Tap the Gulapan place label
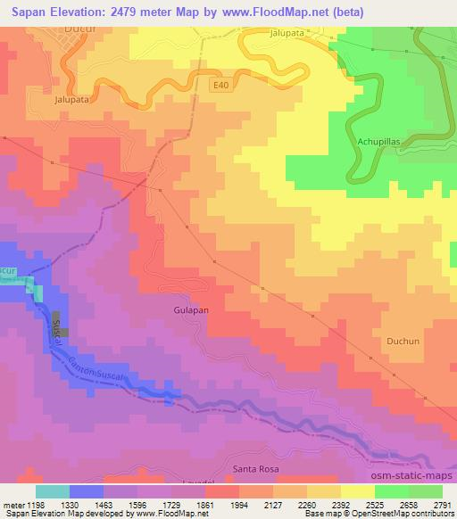[x=190, y=311]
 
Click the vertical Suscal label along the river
[x=58, y=333]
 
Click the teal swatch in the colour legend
[x=52, y=490]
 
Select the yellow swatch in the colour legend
[x=357, y=490]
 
